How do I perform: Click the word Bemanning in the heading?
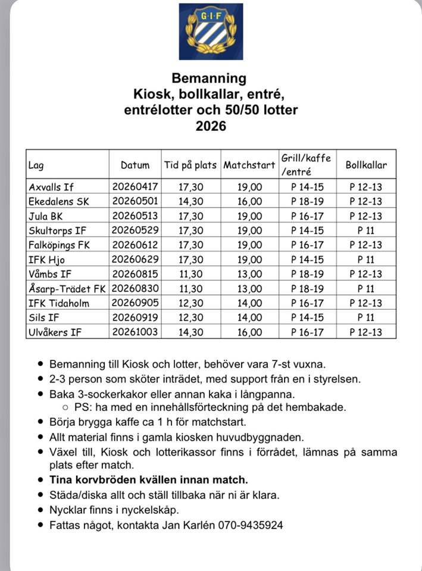208,78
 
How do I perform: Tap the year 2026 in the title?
211,126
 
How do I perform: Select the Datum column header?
135,165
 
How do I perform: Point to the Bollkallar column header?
366,165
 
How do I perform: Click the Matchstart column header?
249,165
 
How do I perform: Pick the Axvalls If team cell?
52,187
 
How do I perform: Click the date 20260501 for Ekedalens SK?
135,201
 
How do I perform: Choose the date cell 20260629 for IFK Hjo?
135,259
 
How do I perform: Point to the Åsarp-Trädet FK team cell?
67,288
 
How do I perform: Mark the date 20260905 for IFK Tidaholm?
135,302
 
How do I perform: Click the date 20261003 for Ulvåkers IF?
135,331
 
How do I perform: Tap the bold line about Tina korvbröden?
149,479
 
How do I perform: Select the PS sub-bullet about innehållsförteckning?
210,407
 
